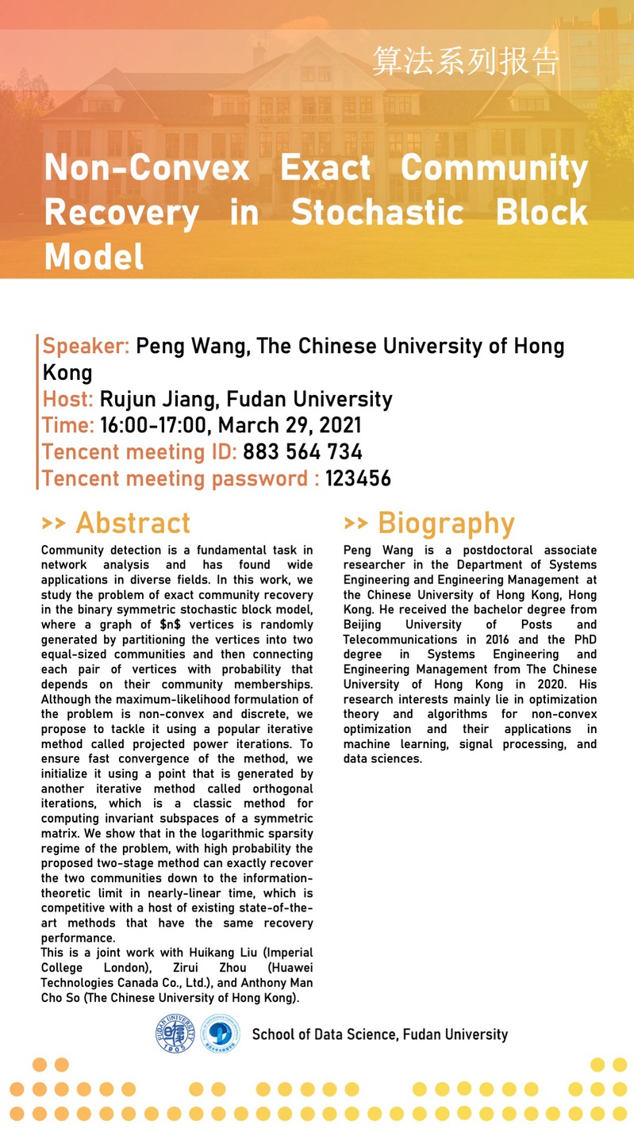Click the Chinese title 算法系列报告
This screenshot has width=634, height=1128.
click(466, 62)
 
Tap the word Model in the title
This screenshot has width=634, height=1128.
click(94, 256)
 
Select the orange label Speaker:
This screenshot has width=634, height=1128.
click(86, 346)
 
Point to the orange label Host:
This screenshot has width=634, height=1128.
click(67, 398)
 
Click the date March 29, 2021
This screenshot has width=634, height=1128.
click(302, 425)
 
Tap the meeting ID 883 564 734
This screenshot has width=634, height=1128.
click(302, 452)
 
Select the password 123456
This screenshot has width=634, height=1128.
click(358, 478)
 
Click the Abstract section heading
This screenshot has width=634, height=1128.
click(133, 523)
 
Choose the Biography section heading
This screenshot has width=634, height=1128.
click(446, 523)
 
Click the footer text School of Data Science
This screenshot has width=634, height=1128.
click(325, 1034)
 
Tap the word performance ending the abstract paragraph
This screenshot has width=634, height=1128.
click(79, 938)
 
